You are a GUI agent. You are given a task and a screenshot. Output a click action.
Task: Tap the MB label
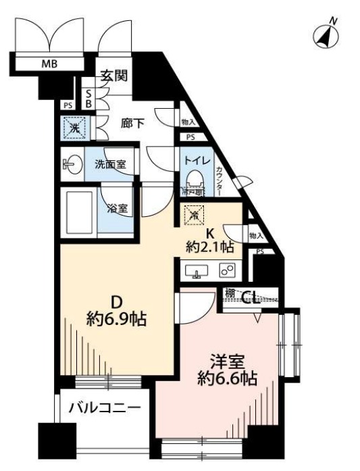tap(49, 65)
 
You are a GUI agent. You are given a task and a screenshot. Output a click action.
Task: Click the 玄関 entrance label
tap(115, 76)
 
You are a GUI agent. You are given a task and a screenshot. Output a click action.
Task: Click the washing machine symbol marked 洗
tap(72, 127)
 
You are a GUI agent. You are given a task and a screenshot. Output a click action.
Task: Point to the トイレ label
tap(196, 162)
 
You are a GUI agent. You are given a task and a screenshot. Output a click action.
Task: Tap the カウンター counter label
tap(219, 181)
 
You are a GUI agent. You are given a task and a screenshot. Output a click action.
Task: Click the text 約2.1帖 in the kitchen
tap(210, 247)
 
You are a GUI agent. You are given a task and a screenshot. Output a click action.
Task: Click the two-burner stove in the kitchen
tap(228, 271)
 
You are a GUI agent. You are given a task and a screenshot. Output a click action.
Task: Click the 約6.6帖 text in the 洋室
tap(228, 378)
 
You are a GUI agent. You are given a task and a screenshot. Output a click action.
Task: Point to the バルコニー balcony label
tap(105, 408)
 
